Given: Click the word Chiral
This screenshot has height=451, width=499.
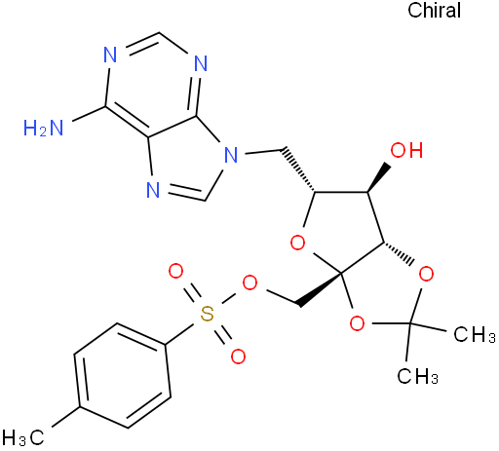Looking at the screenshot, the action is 434,11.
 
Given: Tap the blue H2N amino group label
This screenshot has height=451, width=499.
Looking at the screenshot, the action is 43,128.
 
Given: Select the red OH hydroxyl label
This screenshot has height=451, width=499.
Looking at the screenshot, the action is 406,150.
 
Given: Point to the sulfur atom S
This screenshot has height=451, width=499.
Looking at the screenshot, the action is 208,315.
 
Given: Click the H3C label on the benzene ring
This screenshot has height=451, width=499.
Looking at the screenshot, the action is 22,437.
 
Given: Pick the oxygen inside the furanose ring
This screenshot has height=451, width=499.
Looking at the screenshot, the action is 297,243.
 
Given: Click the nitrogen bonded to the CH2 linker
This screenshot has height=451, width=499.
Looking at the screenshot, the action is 231,155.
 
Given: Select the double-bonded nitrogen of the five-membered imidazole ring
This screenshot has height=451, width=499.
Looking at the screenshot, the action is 153,189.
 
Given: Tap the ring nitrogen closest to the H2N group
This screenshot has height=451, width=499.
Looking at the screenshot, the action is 110,55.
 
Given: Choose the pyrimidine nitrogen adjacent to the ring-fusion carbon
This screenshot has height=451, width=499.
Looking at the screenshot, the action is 201,63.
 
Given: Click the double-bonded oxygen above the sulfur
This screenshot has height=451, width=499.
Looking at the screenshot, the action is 176,272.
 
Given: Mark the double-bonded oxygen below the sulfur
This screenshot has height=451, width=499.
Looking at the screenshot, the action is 238,357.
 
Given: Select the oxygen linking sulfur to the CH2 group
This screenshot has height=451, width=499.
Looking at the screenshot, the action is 249,283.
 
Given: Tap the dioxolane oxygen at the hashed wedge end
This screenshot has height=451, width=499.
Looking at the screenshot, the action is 426,275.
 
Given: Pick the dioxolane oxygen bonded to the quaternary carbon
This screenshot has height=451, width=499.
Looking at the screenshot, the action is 357,323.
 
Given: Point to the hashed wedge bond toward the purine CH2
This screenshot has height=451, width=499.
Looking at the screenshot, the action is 298,169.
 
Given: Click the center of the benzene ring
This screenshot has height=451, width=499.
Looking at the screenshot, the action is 123,375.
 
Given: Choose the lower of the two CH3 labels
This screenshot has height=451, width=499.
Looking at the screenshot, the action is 418,376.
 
